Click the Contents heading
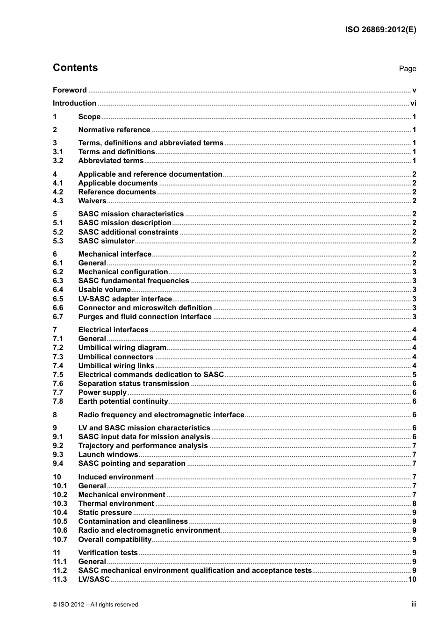[75, 68]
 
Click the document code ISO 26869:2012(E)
[380, 29]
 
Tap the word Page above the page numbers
[408, 69]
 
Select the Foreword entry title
[70, 90]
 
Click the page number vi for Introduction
[413, 103]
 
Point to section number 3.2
[58, 161]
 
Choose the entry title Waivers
[92, 201]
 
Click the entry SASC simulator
[106, 241]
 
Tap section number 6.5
[58, 299]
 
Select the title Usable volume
[104, 290]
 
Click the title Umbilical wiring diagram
[122, 348]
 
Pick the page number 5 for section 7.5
[414, 375]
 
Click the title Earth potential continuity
[123, 401]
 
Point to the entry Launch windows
[108, 455]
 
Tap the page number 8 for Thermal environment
[414, 504]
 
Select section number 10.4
[60, 513]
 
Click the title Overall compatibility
[115, 540]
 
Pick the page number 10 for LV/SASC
[412, 579]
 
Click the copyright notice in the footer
[95, 605]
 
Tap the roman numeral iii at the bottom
[414, 604]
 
